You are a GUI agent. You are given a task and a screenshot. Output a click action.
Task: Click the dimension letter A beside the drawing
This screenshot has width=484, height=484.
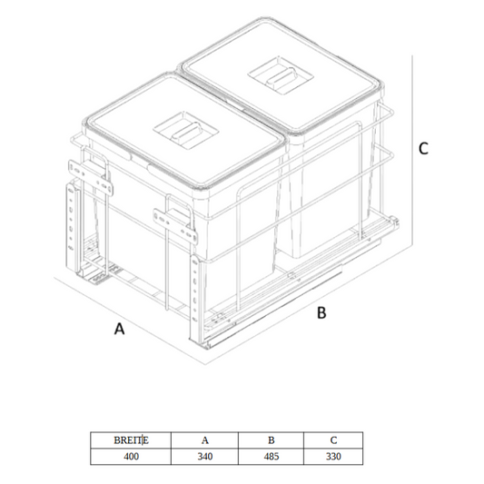[119, 331]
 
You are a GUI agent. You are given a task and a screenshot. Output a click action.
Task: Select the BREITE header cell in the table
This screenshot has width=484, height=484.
[131, 440]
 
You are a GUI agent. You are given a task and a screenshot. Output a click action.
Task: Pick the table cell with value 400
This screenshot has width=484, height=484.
[131, 456]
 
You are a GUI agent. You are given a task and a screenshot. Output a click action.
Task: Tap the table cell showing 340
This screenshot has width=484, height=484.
[204, 456]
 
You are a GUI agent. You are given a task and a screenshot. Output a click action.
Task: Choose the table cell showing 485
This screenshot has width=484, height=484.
[271, 456]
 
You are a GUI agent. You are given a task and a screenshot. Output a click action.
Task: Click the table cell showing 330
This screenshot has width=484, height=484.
[332, 456]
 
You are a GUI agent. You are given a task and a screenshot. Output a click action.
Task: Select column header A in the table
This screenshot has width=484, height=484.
[204, 440]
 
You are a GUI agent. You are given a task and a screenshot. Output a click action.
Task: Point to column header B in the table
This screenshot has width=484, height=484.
[271, 440]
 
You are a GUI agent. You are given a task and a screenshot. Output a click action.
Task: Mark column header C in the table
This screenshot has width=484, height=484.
[332, 440]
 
